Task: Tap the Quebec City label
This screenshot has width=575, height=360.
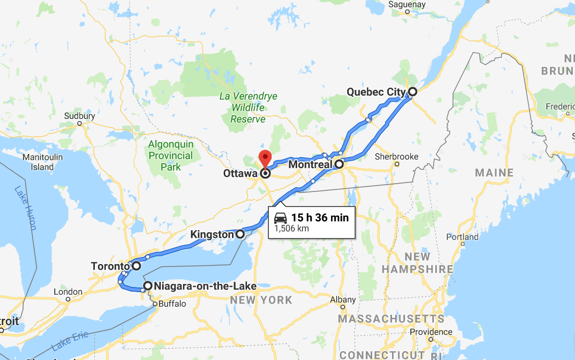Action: click(x=376, y=92)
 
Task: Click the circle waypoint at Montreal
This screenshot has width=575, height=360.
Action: click(x=339, y=164)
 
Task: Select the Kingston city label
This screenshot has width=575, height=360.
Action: click(x=212, y=235)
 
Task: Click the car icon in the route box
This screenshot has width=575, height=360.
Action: click(x=280, y=218)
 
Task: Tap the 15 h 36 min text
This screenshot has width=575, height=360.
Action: click(x=320, y=218)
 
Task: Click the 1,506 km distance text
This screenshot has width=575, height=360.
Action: click(x=291, y=229)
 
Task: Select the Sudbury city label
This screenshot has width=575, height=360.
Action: click(x=79, y=116)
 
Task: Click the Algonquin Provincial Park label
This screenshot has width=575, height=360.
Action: click(x=170, y=155)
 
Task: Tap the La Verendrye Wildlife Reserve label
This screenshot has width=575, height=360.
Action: click(x=248, y=108)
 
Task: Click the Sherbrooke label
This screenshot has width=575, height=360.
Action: click(x=397, y=157)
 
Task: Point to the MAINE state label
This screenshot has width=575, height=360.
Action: click(x=494, y=173)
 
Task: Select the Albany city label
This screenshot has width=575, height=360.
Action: click(x=343, y=299)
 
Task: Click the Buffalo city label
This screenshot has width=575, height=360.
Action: click(x=172, y=304)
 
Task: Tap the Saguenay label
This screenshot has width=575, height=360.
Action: click(x=407, y=4)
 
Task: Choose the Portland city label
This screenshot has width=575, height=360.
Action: click(x=462, y=237)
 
